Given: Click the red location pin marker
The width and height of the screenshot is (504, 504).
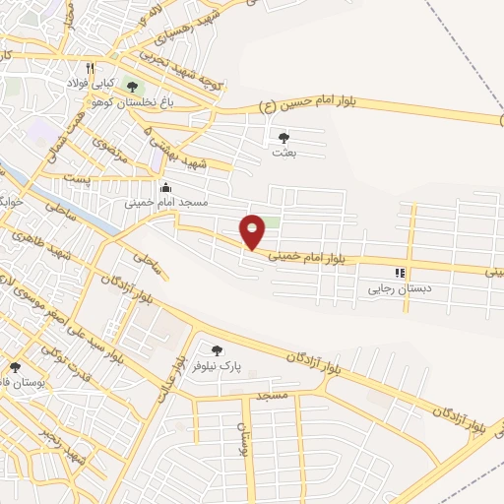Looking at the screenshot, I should click(253, 231).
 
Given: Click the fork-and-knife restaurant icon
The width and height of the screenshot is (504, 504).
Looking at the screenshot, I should click(90, 69).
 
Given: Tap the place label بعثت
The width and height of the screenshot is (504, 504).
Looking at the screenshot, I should click(283, 153).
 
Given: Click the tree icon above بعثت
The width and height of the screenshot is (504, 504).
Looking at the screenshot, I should click(284, 138).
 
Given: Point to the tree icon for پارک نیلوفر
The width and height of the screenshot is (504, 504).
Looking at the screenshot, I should click(217, 349).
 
